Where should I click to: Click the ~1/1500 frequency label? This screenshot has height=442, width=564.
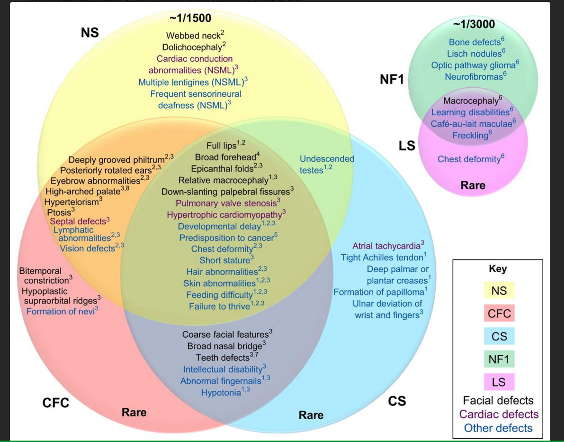pos(190,18)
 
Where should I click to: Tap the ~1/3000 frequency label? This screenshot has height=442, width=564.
pos(474,24)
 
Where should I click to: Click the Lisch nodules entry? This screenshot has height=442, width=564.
pos(474,54)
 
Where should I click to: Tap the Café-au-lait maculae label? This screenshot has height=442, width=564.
pos(471,124)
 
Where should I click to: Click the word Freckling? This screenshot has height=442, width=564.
pos(470,136)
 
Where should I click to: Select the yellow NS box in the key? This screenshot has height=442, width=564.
pos(499,290)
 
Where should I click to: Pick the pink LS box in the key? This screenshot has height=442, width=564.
pos(499,382)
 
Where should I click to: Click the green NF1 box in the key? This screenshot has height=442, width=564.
pos(499,359)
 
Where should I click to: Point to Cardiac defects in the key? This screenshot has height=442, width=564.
pos(499,414)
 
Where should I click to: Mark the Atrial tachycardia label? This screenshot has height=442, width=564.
pos(386,246)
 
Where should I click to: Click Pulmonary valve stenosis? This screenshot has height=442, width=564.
pos(225,203)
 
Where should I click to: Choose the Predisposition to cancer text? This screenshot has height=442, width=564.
pos(226,238)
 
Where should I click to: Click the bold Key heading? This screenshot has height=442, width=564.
pos(497,269)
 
